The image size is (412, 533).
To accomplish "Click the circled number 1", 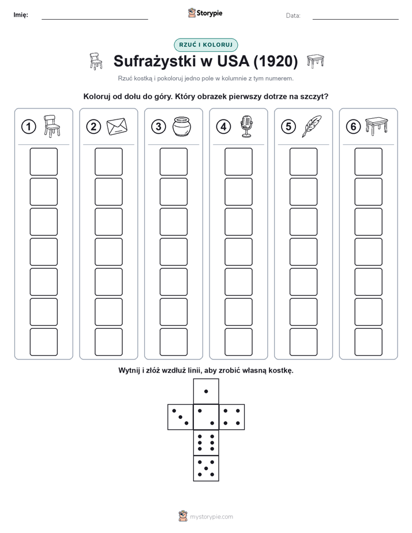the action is [x=28, y=127].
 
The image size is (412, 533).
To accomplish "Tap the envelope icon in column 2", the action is [x=117, y=126].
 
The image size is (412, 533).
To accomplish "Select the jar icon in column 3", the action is [x=182, y=126].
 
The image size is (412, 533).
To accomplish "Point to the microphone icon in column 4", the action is [x=247, y=126].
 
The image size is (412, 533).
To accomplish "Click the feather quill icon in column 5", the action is [x=312, y=126].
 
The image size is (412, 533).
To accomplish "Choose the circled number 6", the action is [x=353, y=127].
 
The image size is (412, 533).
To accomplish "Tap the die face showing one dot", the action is [x=206, y=391].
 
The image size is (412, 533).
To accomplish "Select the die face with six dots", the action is [x=206, y=442].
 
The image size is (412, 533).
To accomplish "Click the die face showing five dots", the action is [x=206, y=468].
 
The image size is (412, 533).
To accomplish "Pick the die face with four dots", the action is [x=232, y=417].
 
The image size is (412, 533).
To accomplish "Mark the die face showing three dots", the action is [x=181, y=417].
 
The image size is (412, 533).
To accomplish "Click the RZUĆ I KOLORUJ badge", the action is [x=206, y=45].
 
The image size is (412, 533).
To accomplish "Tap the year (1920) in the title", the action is [x=276, y=61].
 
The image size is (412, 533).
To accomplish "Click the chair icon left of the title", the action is [x=96, y=61].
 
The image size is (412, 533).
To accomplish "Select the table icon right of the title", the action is [x=316, y=61].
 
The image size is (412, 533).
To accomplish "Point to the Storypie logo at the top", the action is [x=205, y=13].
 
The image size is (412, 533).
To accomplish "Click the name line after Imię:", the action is [x=95, y=19].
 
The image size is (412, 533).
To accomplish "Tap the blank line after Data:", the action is [x=355, y=19].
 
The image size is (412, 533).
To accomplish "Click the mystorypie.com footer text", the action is [x=211, y=517].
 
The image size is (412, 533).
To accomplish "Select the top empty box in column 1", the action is [x=43, y=162].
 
